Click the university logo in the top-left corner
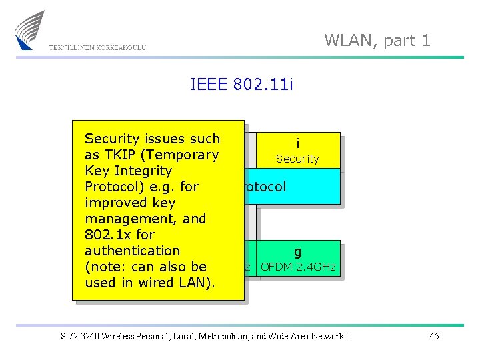coord(30,29)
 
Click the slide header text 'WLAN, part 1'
coord(377,40)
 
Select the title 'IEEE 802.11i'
coord(242,84)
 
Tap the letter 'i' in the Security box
coord(297,143)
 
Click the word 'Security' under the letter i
coord(297,159)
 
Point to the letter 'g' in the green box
coord(297,252)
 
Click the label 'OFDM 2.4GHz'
coord(298,267)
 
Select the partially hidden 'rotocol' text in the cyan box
coord(266,186)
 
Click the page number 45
coord(434,336)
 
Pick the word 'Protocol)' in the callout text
coord(113,187)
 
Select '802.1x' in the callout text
coord(107,235)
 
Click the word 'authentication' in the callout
coord(132,251)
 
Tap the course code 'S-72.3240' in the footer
coord(81,336)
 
